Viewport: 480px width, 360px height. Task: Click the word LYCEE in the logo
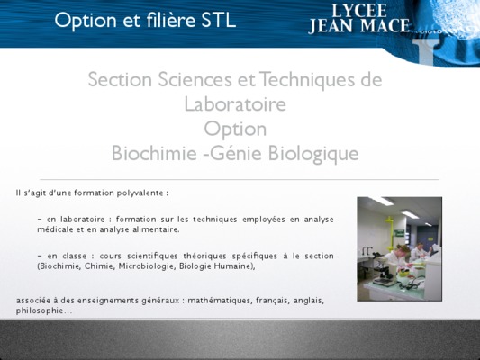pos(359,11)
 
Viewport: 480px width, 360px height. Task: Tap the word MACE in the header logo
pos(385,25)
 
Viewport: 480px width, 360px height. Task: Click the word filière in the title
pos(170,20)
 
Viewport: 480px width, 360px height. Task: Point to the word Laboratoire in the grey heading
pos(235,104)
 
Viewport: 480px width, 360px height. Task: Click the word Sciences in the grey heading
pos(195,79)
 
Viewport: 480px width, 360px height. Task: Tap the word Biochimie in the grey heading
pos(154,153)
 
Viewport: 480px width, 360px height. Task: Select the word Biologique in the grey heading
pos(313,154)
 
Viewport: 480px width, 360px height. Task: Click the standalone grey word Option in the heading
pos(235,130)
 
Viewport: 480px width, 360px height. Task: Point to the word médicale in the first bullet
pos(55,229)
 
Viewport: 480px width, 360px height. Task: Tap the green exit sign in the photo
pos(399,234)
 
